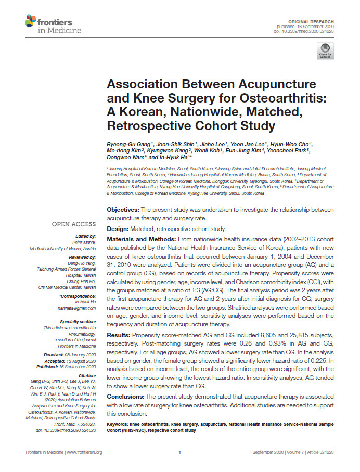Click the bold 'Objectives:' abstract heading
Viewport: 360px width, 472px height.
coord(123,209)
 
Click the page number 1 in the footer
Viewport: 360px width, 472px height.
coord(179,452)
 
